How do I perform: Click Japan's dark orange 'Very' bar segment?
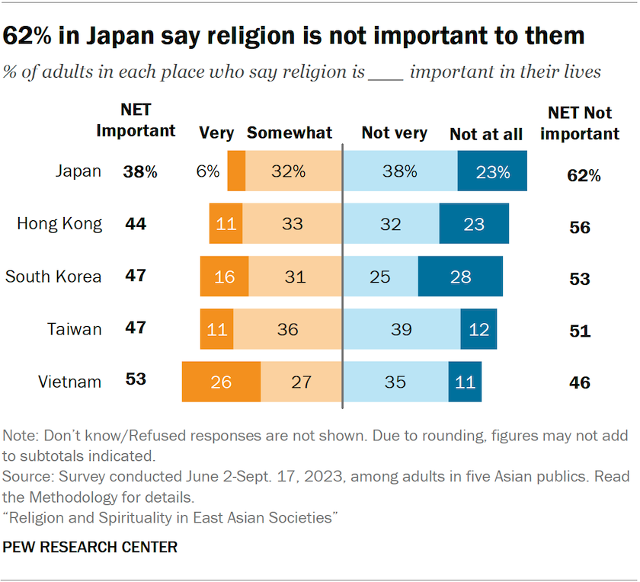[x=236, y=171]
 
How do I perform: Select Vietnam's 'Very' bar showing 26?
[x=221, y=382]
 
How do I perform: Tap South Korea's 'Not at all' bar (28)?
[x=460, y=276]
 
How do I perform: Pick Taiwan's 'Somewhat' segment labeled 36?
[x=288, y=329]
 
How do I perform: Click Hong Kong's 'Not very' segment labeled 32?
[x=391, y=223]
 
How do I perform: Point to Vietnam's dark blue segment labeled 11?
[x=465, y=382]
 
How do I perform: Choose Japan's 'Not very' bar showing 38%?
[x=400, y=171]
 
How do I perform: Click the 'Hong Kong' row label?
[x=59, y=223]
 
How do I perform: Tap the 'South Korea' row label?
[x=53, y=276]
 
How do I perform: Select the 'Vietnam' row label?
[x=70, y=382]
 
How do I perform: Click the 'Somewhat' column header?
[x=290, y=133]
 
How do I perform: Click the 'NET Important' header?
[x=136, y=121]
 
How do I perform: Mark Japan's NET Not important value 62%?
[x=584, y=175]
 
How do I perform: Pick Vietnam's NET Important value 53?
[x=136, y=379]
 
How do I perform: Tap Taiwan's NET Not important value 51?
[x=580, y=331]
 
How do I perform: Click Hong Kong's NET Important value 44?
[x=136, y=224]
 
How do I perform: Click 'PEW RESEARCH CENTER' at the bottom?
[x=91, y=547]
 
